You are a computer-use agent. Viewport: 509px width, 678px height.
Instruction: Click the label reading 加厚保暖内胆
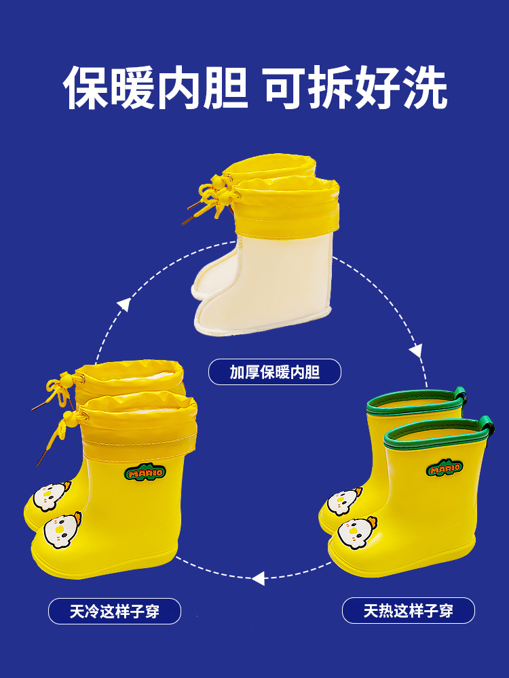pyautogui.click(x=274, y=372)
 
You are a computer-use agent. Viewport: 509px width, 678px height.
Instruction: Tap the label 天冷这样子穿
pyautogui.click(x=114, y=612)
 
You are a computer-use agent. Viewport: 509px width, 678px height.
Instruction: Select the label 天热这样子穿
pyautogui.click(x=408, y=611)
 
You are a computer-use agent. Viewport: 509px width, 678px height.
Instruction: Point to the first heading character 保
pyautogui.click(x=88, y=87)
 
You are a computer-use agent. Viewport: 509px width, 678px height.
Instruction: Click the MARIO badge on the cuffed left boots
pyautogui.click(x=143, y=471)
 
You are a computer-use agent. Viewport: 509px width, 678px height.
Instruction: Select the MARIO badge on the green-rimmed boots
pyautogui.click(x=444, y=468)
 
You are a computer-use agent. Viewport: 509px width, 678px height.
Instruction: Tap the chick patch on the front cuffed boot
pyautogui.click(x=62, y=530)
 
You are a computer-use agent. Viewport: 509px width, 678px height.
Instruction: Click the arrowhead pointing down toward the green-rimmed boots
pyautogui.click(x=415, y=351)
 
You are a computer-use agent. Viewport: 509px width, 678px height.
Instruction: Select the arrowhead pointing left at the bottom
pyautogui.click(x=258, y=578)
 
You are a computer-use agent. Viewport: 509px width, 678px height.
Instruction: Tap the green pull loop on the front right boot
pyautogui.click(x=487, y=426)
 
